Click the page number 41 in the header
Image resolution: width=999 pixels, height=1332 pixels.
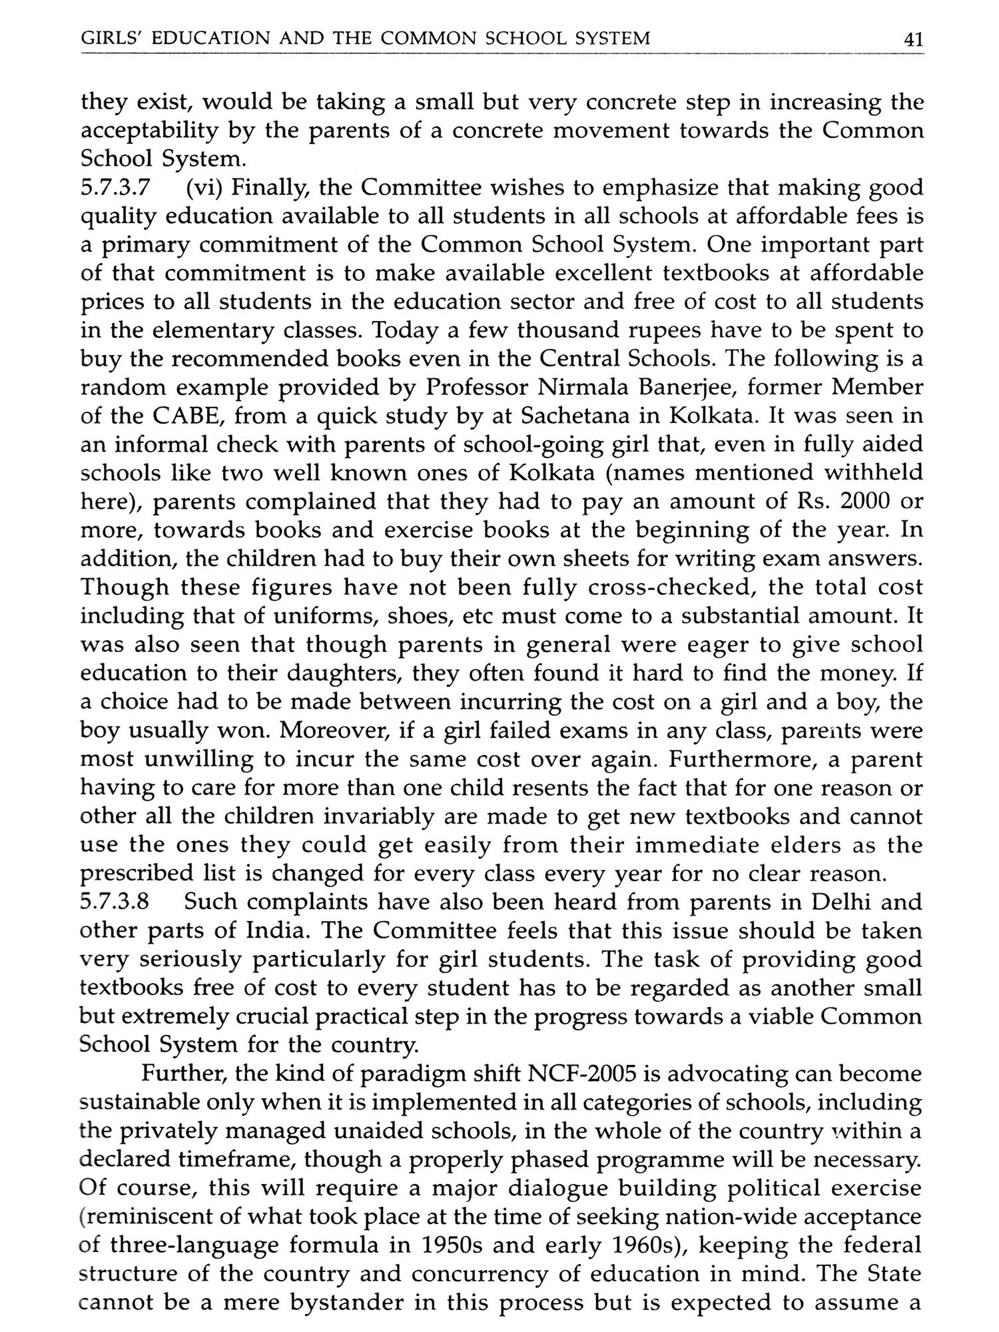click(912, 39)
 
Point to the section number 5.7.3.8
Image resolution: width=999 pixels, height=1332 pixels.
click(114, 902)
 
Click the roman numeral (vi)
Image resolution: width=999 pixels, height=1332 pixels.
click(205, 188)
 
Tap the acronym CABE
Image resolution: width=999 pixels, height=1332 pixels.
click(188, 416)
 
